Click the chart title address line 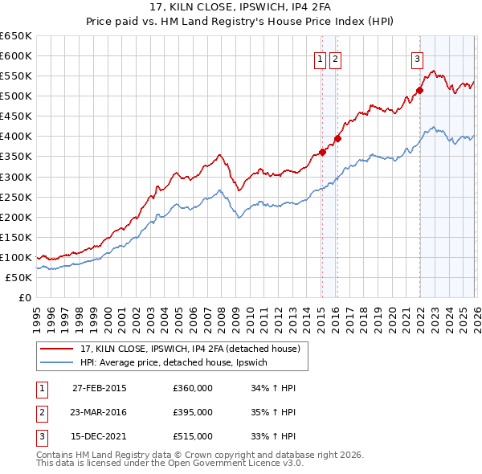click(241, 8)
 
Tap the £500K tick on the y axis click(15, 96)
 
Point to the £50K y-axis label click(18, 277)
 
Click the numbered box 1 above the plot click(320, 58)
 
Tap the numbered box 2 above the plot click(335, 58)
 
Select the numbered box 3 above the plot click(418, 58)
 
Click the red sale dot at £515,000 click(419, 90)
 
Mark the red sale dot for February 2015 click(322, 152)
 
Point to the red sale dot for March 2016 click(337, 138)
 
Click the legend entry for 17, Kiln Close click(190, 349)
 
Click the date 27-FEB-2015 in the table click(99, 388)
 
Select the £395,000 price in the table click(193, 412)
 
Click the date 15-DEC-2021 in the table click(99, 436)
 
